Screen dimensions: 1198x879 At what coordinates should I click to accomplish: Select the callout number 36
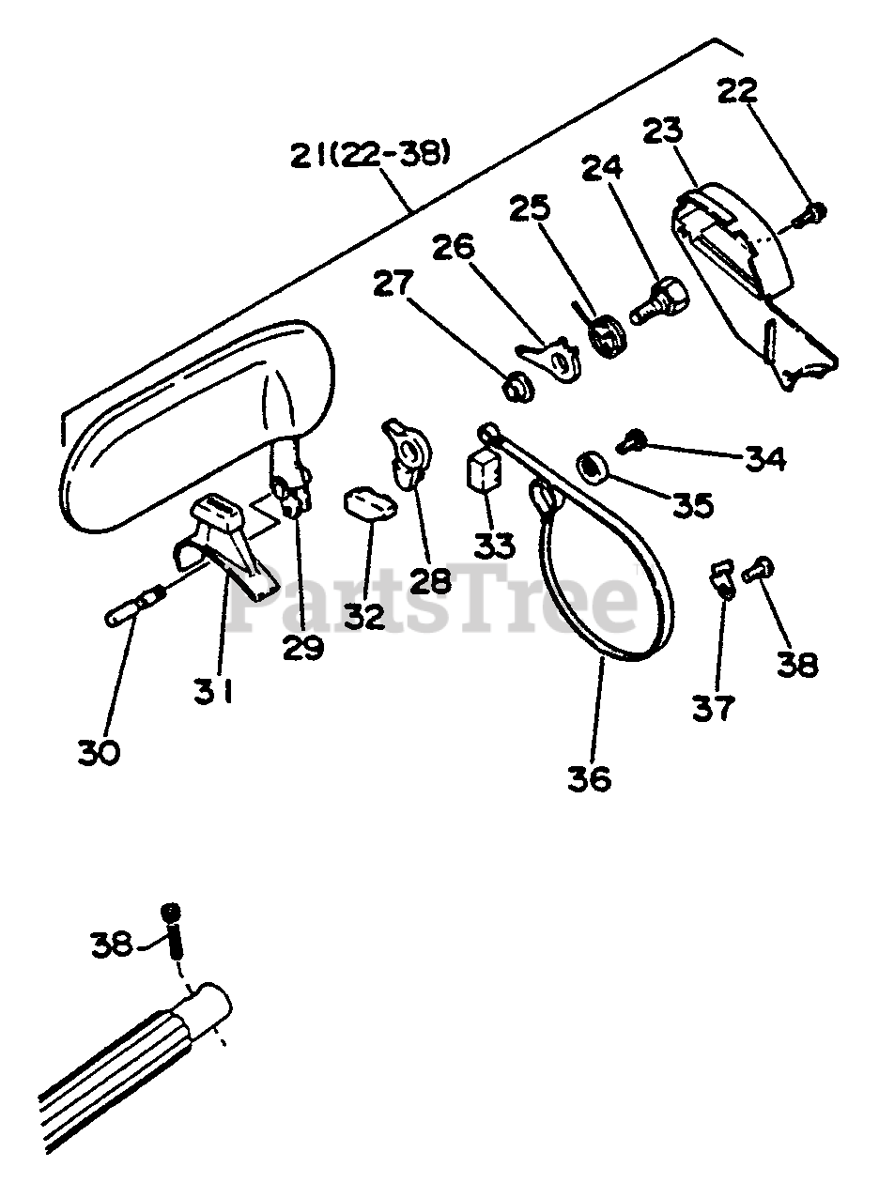click(589, 778)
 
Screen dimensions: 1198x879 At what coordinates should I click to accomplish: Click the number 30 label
click(99, 752)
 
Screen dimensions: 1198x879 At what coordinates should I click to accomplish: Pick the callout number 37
click(713, 707)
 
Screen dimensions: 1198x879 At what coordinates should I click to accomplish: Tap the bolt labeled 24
click(659, 299)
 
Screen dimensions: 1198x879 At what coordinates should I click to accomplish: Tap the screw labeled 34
click(632, 438)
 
